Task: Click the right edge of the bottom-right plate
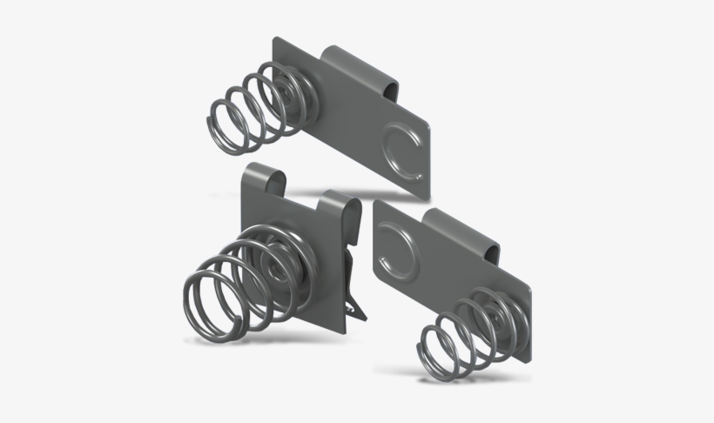click(x=529, y=322)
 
